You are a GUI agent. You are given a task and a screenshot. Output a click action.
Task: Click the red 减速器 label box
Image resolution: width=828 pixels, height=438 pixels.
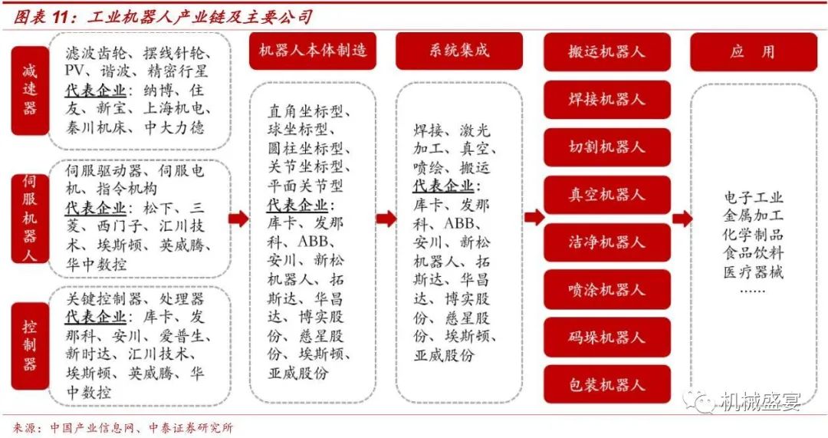point(30,91)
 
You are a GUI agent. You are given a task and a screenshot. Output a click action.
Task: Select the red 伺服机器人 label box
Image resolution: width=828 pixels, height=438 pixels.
point(30,218)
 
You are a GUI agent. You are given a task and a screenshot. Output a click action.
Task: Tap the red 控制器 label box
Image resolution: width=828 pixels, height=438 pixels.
point(30,345)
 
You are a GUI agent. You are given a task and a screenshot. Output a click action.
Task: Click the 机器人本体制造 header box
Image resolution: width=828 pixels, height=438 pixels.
point(313,51)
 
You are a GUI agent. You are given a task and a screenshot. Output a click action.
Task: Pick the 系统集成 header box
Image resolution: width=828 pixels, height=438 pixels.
point(459,51)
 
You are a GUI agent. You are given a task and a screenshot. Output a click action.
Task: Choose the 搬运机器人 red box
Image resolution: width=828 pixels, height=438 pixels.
point(606,52)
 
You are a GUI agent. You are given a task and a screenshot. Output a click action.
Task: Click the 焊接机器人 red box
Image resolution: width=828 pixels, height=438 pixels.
point(606,99)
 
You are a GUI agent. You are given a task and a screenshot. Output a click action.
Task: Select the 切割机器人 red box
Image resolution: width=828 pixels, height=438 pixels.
point(606,147)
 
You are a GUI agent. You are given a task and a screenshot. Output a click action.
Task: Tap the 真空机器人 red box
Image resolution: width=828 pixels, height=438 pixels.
point(606,194)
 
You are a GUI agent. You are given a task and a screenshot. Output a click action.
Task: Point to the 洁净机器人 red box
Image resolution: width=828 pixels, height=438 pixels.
point(606,242)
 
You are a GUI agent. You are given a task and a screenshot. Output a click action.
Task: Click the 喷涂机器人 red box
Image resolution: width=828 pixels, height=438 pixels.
point(606,289)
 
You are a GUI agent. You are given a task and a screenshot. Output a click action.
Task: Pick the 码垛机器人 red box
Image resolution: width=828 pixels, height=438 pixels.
point(606,337)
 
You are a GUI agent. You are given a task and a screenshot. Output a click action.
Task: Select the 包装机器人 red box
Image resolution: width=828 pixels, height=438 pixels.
point(606,384)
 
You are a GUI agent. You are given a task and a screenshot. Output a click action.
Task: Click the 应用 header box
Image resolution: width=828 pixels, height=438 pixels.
point(754,52)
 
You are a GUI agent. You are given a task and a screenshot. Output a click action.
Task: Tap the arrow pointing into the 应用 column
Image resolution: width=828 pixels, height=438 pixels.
point(682,218)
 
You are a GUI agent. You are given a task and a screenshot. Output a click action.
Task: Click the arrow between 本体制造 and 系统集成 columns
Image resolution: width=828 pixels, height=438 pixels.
point(386,218)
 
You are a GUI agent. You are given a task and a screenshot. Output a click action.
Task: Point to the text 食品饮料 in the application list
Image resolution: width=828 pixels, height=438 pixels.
point(754,252)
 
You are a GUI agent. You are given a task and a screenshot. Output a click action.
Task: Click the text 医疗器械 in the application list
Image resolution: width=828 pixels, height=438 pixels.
point(754,272)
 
